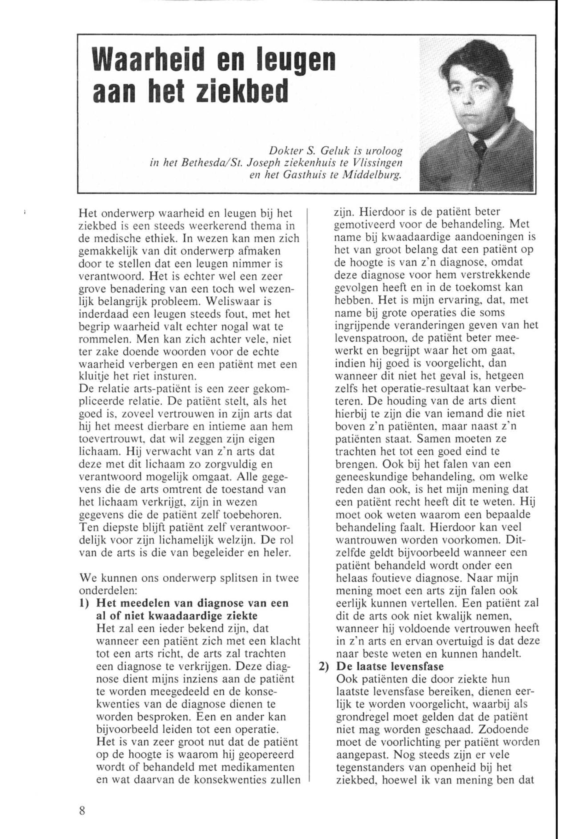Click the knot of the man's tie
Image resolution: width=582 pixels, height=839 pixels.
tap(479, 147)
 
